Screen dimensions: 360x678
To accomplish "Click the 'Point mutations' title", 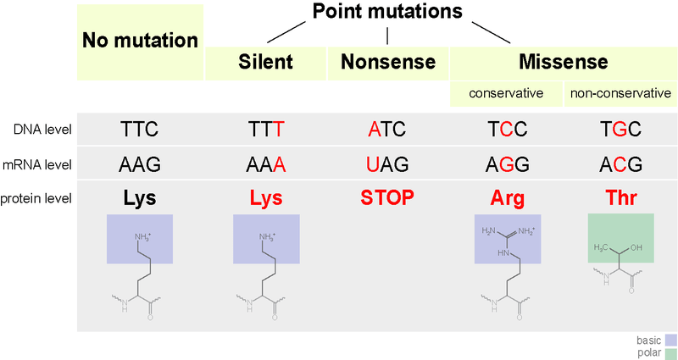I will point(387,12).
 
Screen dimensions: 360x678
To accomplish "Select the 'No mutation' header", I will point(140,40).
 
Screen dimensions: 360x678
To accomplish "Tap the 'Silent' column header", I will point(265,62).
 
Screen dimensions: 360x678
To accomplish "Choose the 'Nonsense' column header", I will point(387,62).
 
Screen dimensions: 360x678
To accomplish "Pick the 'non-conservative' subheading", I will point(621,92).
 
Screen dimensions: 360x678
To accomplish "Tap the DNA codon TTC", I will point(140,130).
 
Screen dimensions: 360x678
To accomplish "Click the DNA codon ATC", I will point(387,130).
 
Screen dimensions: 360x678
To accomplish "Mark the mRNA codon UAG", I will point(387,163).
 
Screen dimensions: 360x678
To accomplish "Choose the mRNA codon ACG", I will point(621,163).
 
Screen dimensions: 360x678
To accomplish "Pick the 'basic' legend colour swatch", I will point(669,341).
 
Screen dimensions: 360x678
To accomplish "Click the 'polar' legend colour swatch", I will point(669,352).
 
